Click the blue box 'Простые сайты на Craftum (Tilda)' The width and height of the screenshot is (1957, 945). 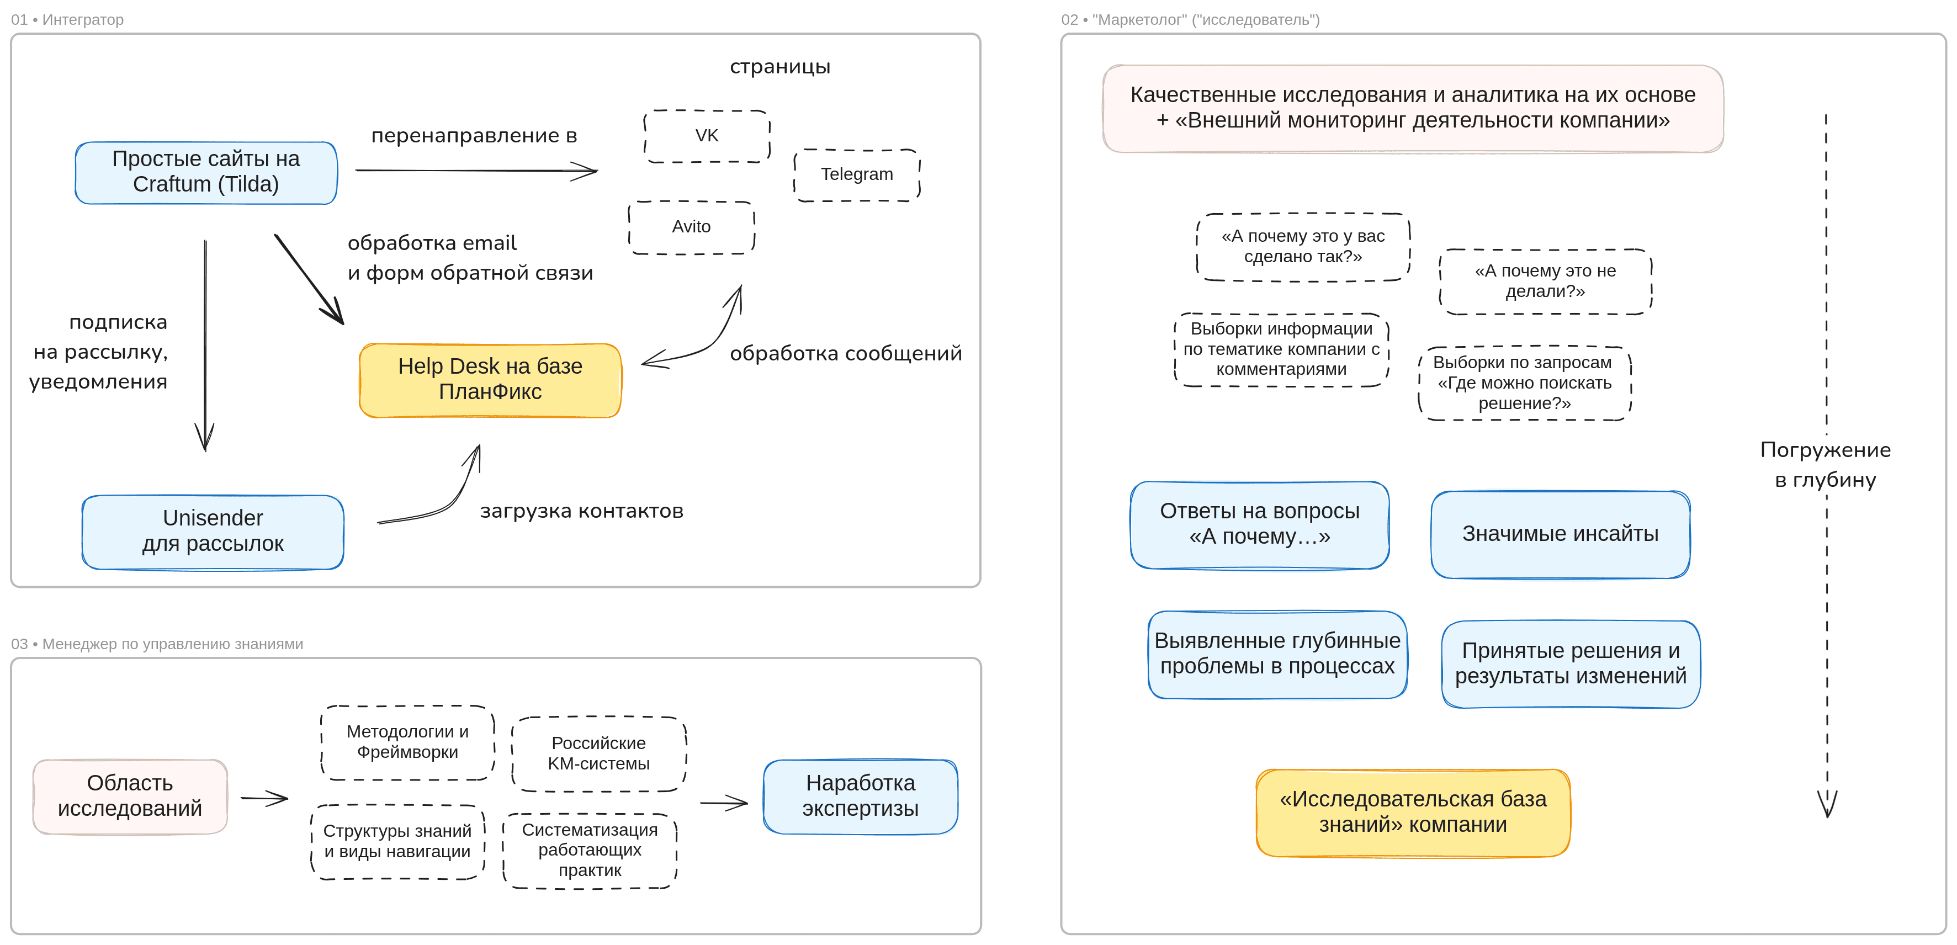point(206,172)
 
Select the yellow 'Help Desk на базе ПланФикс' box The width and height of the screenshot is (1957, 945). point(490,380)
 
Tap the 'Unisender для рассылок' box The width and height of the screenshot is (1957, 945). point(213,532)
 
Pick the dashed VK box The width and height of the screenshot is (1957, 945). point(707,136)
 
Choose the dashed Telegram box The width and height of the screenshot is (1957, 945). point(857,175)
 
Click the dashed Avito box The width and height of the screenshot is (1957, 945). point(691,227)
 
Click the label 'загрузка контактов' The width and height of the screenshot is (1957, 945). point(581,511)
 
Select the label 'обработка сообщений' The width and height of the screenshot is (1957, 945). point(846,353)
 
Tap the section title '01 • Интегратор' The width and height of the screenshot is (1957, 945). point(67,20)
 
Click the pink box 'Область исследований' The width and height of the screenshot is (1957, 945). point(130,796)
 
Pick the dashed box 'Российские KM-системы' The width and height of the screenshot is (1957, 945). point(598,753)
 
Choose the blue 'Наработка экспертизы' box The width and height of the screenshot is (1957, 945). point(860,796)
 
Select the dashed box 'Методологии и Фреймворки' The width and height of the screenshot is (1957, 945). point(407,742)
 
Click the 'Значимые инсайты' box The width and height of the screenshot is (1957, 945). point(1561,534)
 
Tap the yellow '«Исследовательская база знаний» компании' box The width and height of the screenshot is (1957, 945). point(1413,812)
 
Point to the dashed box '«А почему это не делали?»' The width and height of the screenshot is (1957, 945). point(1545,281)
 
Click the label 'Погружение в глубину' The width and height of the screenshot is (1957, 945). point(1826,464)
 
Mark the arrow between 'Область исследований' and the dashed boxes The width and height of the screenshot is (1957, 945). point(264,798)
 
